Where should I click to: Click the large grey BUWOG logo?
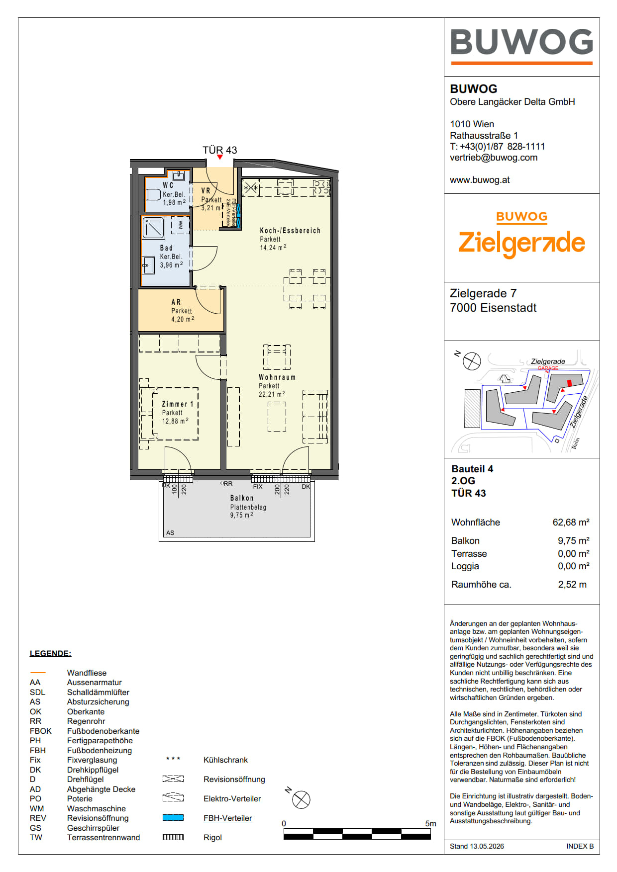coord(521,42)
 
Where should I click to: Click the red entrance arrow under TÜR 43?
coord(220,157)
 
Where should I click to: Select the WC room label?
coord(168,185)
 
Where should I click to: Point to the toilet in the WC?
coord(153,194)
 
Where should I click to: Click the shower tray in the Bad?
coord(154,228)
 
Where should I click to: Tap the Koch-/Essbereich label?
coord(290,231)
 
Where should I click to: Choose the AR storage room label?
coord(176,302)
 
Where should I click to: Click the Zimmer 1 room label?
coord(178,404)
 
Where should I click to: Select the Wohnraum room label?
coord(277,377)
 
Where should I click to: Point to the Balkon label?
coord(242,498)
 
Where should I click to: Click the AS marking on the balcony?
coord(170,533)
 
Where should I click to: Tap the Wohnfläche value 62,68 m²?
coord(571,523)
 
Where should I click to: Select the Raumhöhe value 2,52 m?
coord(572,585)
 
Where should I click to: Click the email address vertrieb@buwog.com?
coord(494,158)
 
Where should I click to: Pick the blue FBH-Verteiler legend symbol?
coord(173,818)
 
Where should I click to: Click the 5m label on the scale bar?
coord(430,824)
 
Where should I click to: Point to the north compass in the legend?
coord(301,799)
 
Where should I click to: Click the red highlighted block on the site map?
coord(570,383)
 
